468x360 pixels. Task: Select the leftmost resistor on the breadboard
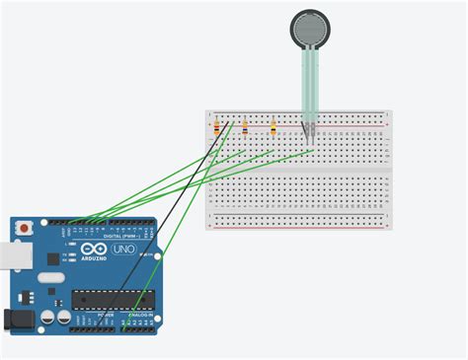click(216, 127)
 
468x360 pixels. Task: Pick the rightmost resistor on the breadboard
click(272, 127)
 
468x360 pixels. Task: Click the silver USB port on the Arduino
click(11, 255)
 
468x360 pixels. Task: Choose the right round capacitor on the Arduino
click(63, 319)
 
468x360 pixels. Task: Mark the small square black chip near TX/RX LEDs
click(52, 258)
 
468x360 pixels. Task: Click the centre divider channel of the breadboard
click(298, 170)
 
